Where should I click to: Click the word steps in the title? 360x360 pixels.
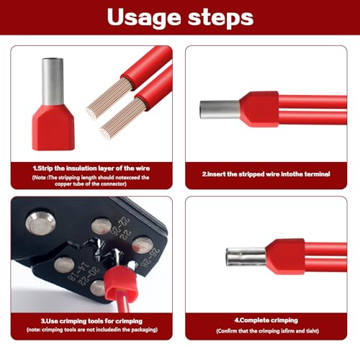(x=219, y=19)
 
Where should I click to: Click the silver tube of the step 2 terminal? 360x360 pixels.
(x=220, y=109)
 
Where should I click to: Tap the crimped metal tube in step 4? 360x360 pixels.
(x=245, y=257)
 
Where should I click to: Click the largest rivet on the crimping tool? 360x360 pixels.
(x=39, y=224)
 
